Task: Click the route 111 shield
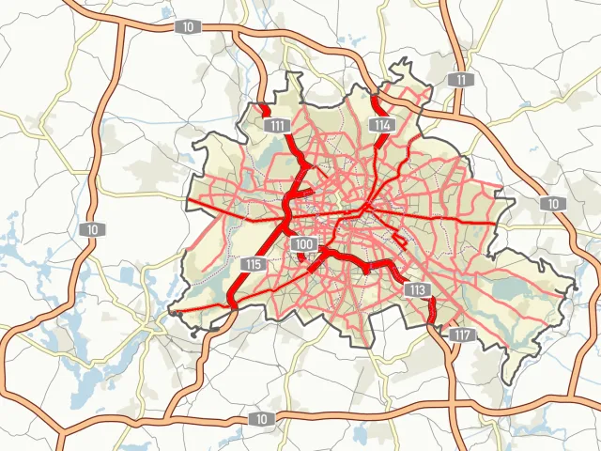click(x=276, y=126)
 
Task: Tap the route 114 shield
click(x=380, y=124)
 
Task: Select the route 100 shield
click(x=303, y=244)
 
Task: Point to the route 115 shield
click(x=252, y=264)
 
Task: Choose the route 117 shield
click(x=461, y=334)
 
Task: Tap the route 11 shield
click(x=459, y=79)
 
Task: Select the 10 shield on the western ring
click(x=91, y=229)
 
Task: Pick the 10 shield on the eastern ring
click(x=553, y=204)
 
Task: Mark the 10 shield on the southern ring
click(x=260, y=417)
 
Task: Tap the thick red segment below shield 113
click(x=433, y=310)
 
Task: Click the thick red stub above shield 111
click(x=264, y=109)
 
